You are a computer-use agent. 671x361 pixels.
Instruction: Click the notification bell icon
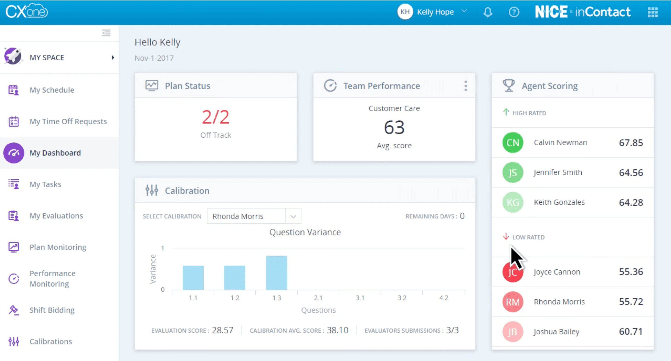[x=488, y=12]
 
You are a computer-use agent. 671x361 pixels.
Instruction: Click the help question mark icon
[x=514, y=12]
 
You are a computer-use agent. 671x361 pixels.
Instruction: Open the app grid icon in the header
[x=653, y=12]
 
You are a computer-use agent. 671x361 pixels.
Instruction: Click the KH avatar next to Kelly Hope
[x=405, y=12]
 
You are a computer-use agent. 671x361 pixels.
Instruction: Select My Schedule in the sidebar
[x=52, y=90]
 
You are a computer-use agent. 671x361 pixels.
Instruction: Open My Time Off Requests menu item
[x=68, y=122]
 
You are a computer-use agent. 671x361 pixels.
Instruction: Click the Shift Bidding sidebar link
[x=52, y=310]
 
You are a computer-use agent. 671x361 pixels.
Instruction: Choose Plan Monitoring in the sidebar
[x=58, y=247]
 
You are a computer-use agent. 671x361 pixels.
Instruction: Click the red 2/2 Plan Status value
[x=215, y=117]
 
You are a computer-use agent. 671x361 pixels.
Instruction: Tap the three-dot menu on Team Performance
[x=465, y=86]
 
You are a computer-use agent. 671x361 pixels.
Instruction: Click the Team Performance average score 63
[x=394, y=127]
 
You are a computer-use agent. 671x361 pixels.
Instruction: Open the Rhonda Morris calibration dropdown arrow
[x=293, y=216]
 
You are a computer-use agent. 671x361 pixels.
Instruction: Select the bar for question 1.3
[x=276, y=272]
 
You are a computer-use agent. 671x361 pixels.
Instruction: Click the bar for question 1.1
[x=193, y=278]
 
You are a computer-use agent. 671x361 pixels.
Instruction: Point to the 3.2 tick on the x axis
[x=402, y=298]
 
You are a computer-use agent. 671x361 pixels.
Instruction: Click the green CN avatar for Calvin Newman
[x=512, y=143]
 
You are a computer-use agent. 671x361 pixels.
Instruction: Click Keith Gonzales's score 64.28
[x=631, y=202]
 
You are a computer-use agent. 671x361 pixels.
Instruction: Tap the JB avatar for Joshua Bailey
[x=512, y=332]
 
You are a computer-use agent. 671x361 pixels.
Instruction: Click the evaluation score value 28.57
[x=222, y=330]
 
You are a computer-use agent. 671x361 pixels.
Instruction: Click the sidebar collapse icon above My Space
[x=106, y=33]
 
